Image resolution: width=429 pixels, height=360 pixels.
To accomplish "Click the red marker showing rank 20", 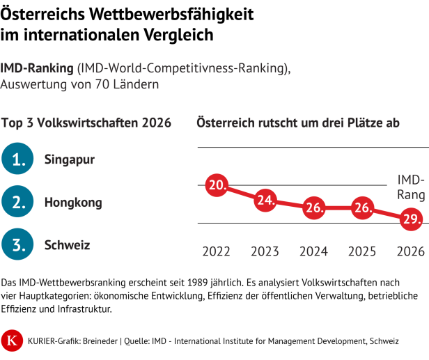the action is point(217,185).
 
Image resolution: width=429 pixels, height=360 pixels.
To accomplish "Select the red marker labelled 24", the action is point(265,201).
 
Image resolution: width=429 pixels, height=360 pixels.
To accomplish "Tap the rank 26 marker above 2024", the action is point(314,208).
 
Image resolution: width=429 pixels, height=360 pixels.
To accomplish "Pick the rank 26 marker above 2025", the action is point(362,208).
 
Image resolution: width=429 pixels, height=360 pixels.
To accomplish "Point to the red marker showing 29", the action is point(411,219).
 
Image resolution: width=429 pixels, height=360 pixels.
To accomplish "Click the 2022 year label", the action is point(216,251).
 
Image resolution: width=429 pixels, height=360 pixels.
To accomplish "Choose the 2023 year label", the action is point(265,251).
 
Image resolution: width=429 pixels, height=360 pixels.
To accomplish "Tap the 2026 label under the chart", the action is point(411,251).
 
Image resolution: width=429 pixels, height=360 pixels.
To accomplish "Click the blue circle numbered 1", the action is point(17,159).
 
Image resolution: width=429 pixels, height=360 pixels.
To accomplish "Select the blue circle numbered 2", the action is point(17,202).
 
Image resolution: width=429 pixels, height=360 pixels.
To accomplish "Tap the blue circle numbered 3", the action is point(17,244).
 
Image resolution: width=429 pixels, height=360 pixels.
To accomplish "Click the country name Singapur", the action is point(70,159).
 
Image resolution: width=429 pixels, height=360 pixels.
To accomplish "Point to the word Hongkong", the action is point(73,203).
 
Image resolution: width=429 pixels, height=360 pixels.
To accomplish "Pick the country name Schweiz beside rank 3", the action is point(68,245).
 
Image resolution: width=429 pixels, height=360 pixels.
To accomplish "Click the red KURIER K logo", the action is point(12,341).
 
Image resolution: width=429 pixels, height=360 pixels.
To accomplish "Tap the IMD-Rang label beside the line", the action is point(411,187).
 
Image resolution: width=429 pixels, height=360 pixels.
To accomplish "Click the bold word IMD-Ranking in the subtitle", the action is point(37,68).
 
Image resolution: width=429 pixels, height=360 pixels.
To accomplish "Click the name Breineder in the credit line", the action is point(100,341).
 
